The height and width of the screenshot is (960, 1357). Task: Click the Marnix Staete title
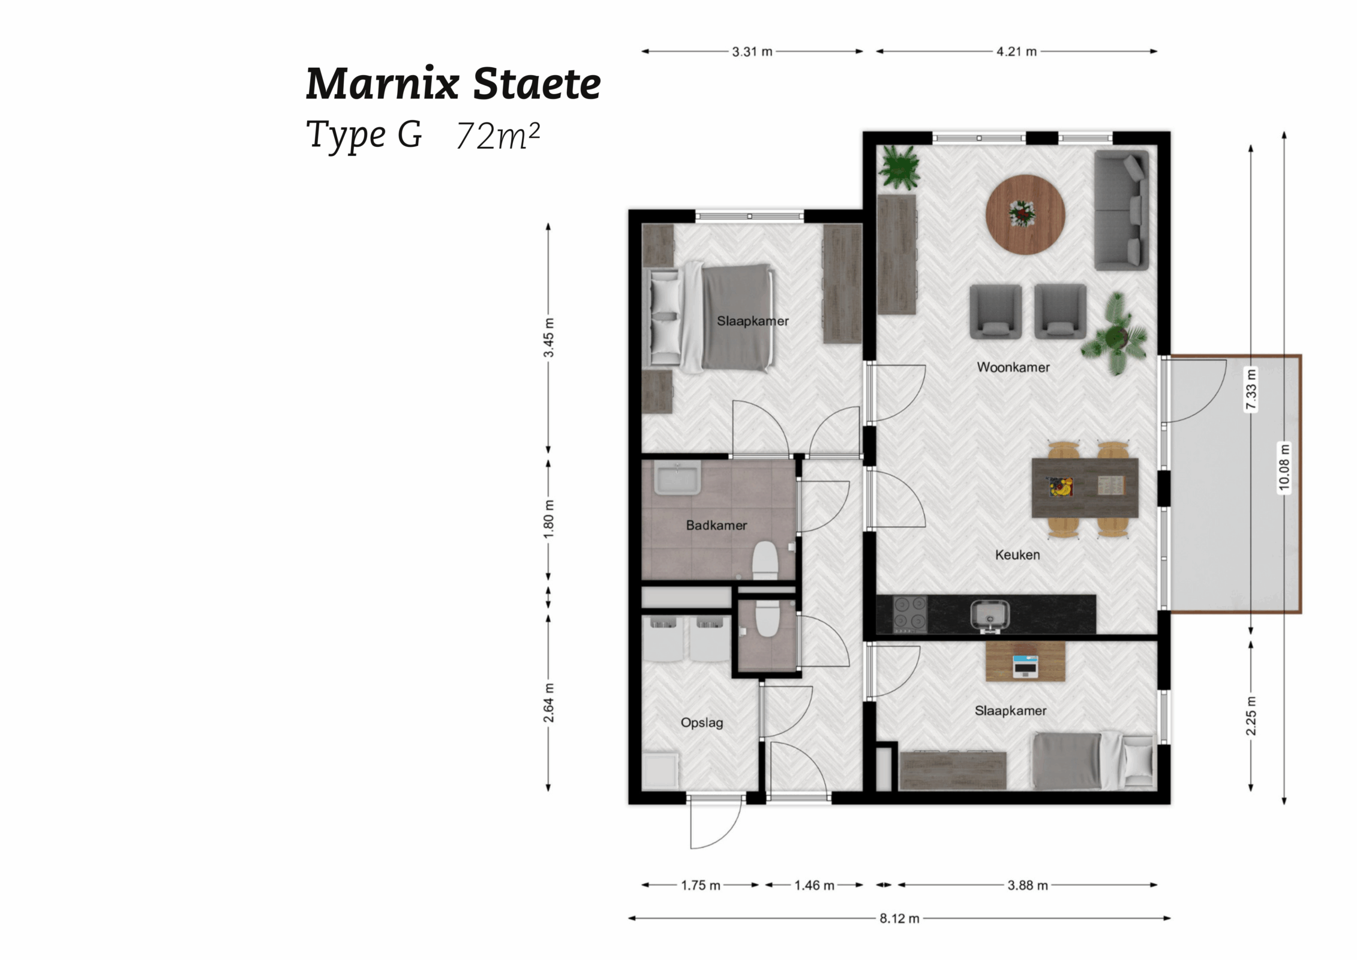453,83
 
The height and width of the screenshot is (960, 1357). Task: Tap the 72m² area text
498,136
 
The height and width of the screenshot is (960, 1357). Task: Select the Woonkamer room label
1013,367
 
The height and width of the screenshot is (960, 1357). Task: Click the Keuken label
1017,555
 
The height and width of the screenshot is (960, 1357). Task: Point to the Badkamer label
716,526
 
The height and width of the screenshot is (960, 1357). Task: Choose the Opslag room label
701,722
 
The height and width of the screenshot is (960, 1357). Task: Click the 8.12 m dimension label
899,919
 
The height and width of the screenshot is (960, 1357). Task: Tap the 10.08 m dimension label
1283,467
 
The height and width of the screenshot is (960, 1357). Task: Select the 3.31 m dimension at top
752,52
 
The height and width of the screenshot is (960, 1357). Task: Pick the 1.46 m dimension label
814,886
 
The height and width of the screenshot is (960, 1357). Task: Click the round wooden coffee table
1025,214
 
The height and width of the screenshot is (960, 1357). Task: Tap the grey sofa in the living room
1121,210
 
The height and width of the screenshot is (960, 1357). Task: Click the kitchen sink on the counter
990,615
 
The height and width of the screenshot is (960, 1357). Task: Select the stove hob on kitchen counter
909,614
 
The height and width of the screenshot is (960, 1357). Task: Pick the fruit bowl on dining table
1060,487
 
